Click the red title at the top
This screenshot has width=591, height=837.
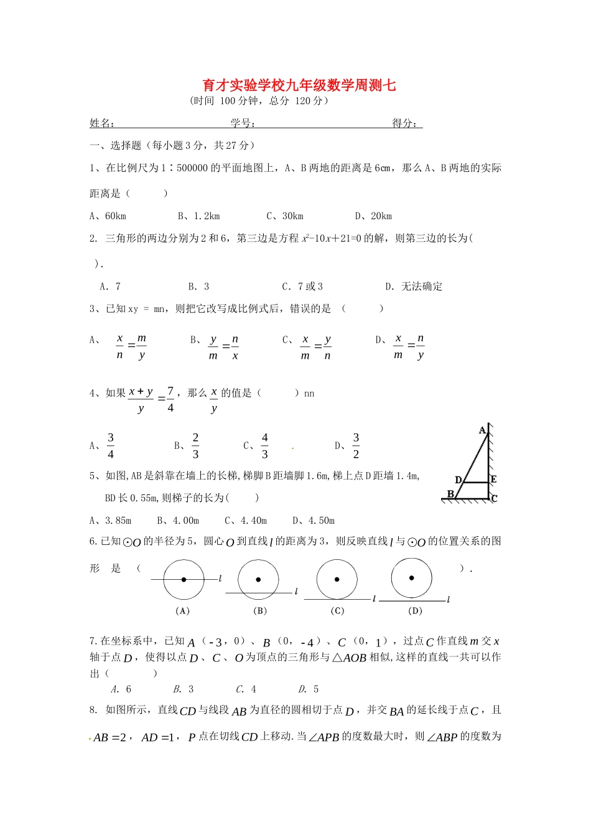(299, 85)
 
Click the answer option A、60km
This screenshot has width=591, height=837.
(108, 216)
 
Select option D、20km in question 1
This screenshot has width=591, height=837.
(373, 216)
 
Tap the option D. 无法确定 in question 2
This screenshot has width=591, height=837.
(414, 286)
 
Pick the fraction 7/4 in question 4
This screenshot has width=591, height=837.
(170, 399)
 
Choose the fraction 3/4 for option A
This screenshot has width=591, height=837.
(111, 446)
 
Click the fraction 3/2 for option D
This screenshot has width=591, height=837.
(356, 446)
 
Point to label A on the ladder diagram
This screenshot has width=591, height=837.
(482, 430)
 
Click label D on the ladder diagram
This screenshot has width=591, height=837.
(458, 480)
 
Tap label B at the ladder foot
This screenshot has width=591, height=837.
(450, 494)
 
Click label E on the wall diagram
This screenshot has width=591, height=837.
(494, 480)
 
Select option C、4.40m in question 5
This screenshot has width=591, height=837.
(246, 521)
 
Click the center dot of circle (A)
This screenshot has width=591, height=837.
(184, 580)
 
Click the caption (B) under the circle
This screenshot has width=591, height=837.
(260, 611)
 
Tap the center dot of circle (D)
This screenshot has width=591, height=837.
(412, 578)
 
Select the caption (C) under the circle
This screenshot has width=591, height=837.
(337, 611)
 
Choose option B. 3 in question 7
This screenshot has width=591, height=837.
(184, 689)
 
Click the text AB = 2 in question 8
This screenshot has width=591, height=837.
(110, 737)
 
